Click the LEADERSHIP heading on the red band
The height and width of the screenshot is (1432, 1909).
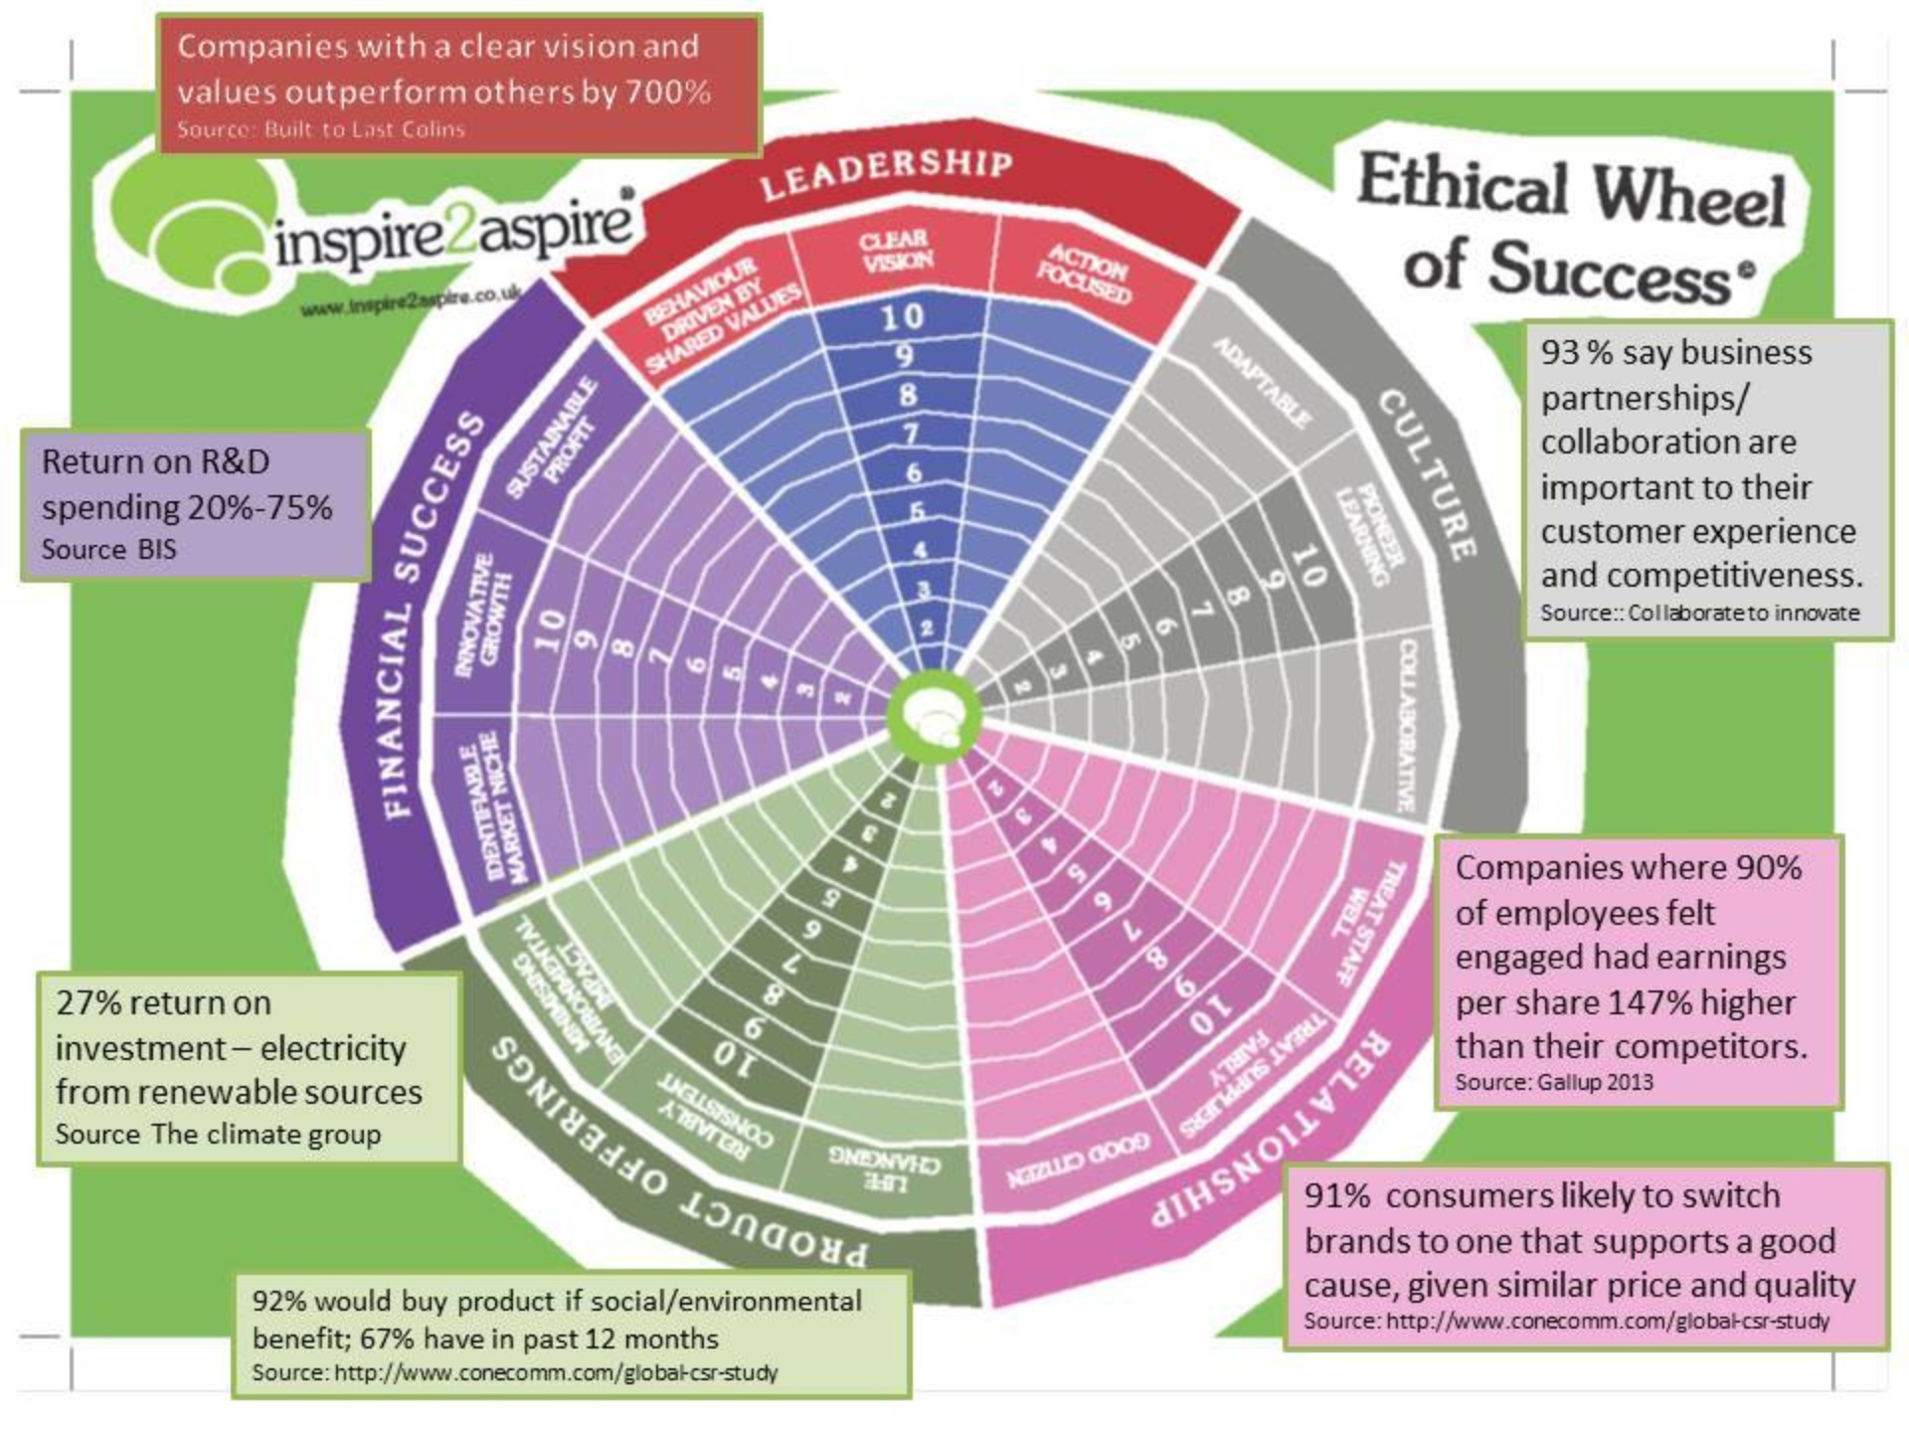pyautogui.click(x=886, y=173)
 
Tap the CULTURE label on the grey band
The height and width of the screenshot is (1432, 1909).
pyautogui.click(x=1428, y=473)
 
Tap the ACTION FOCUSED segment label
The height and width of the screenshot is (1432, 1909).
pyautogui.click(x=1086, y=273)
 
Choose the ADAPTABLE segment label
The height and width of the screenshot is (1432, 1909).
pyautogui.click(x=1262, y=383)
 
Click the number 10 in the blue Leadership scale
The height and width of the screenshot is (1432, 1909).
pyautogui.click(x=902, y=316)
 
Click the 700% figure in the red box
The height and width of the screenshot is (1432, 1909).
pyautogui.click(x=667, y=92)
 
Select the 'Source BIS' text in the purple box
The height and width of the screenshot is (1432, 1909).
pyautogui.click(x=108, y=549)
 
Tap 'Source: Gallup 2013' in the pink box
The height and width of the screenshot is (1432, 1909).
pyautogui.click(x=1553, y=1081)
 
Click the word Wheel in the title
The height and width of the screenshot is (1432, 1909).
pyautogui.click(x=1689, y=193)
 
